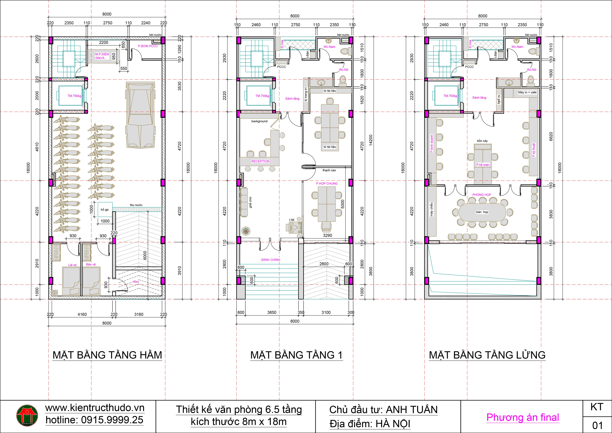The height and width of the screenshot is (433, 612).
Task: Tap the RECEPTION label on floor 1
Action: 260,161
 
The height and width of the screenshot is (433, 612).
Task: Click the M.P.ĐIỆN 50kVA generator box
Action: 102,56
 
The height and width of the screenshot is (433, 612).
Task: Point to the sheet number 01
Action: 597,425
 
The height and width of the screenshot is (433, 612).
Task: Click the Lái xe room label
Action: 72,265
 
